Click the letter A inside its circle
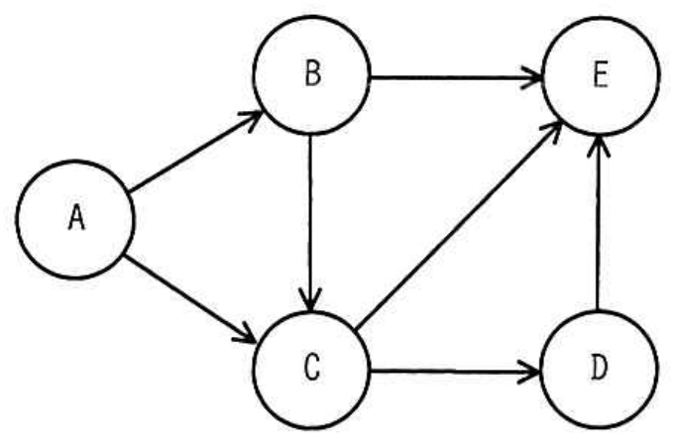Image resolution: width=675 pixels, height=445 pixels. [x=76, y=217]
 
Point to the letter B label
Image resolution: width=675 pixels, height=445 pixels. [x=313, y=73]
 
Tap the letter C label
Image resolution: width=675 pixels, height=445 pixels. [x=312, y=367]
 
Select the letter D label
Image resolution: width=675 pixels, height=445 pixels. [x=600, y=367]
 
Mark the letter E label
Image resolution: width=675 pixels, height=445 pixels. [x=601, y=74]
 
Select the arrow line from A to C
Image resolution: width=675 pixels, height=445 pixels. [x=190, y=299]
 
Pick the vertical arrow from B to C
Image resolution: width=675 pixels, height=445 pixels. [x=310, y=223]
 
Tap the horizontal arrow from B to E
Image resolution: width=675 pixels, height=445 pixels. [x=456, y=78]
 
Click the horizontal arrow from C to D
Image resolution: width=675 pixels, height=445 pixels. [x=456, y=371]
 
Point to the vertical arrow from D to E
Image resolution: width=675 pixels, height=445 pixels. [x=598, y=223]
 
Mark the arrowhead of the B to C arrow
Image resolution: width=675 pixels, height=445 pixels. [x=310, y=299]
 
